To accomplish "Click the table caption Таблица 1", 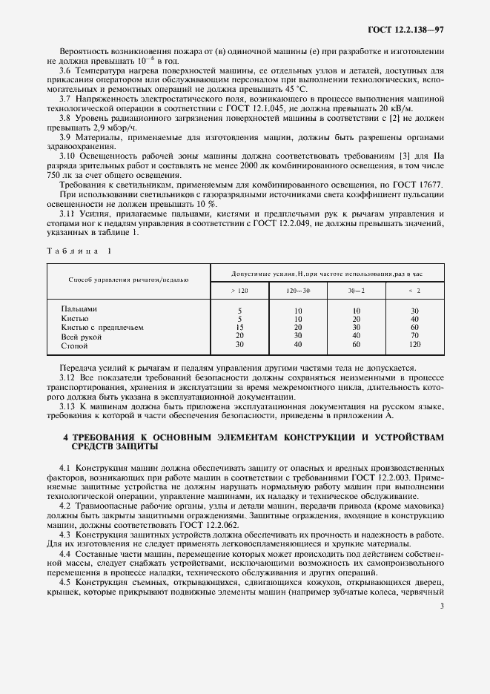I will coord(78,251).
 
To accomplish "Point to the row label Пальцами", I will coord(79,308).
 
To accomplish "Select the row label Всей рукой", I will coord(82,337).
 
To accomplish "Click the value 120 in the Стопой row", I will coord(414,346).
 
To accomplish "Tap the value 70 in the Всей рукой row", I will coord(414,337).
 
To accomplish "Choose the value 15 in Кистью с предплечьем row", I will coord(239,327).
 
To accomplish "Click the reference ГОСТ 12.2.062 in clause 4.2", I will coord(183,523).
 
